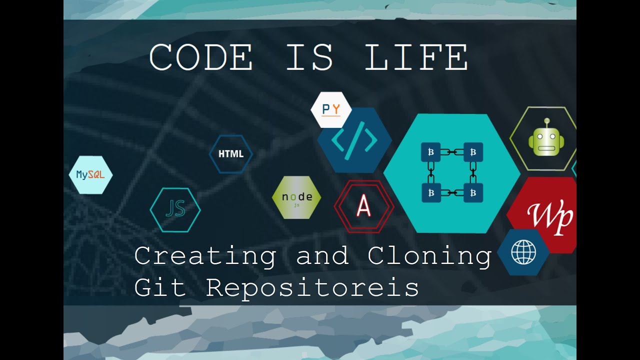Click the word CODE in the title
point(200,57)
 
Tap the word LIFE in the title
point(416,57)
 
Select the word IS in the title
point(309,57)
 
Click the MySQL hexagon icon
point(90,175)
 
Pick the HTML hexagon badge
point(230,154)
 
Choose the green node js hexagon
point(296,197)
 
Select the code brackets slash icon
point(354,140)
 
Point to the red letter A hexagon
point(363,206)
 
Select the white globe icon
point(523,252)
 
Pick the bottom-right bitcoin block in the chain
point(473,193)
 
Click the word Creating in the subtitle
point(205,256)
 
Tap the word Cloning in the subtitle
point(429,256)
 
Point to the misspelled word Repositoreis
point(312,288)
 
